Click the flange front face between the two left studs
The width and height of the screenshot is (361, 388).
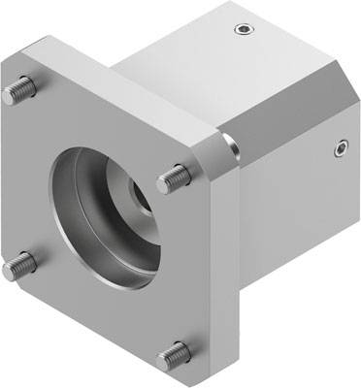click(x=29, y=175)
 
